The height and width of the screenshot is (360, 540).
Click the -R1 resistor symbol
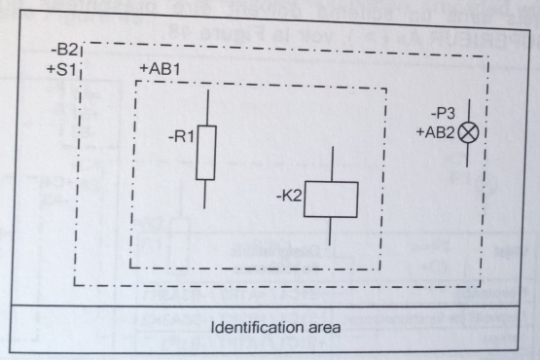(205, 153)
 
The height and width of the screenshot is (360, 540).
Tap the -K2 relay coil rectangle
(331, 200)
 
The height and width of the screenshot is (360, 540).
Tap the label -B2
(67, 47)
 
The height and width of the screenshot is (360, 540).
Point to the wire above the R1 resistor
(205, 107)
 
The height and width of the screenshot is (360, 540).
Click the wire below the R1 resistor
(205, 194)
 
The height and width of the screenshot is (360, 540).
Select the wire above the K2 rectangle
(332, 163)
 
